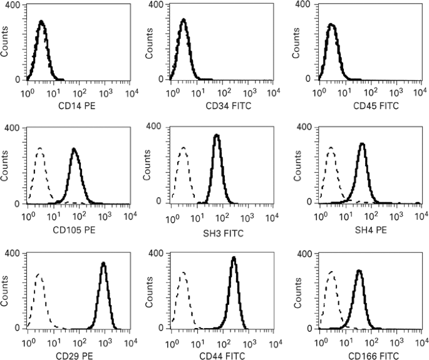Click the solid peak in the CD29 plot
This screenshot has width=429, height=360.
[103, 264]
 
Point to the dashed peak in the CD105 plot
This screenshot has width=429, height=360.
[40, 149]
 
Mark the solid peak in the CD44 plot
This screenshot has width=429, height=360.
[234, 258]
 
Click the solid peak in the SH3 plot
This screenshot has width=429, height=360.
[216, 136]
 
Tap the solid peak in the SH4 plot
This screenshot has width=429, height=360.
[361, 144]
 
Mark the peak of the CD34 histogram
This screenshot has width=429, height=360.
[183, 20]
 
